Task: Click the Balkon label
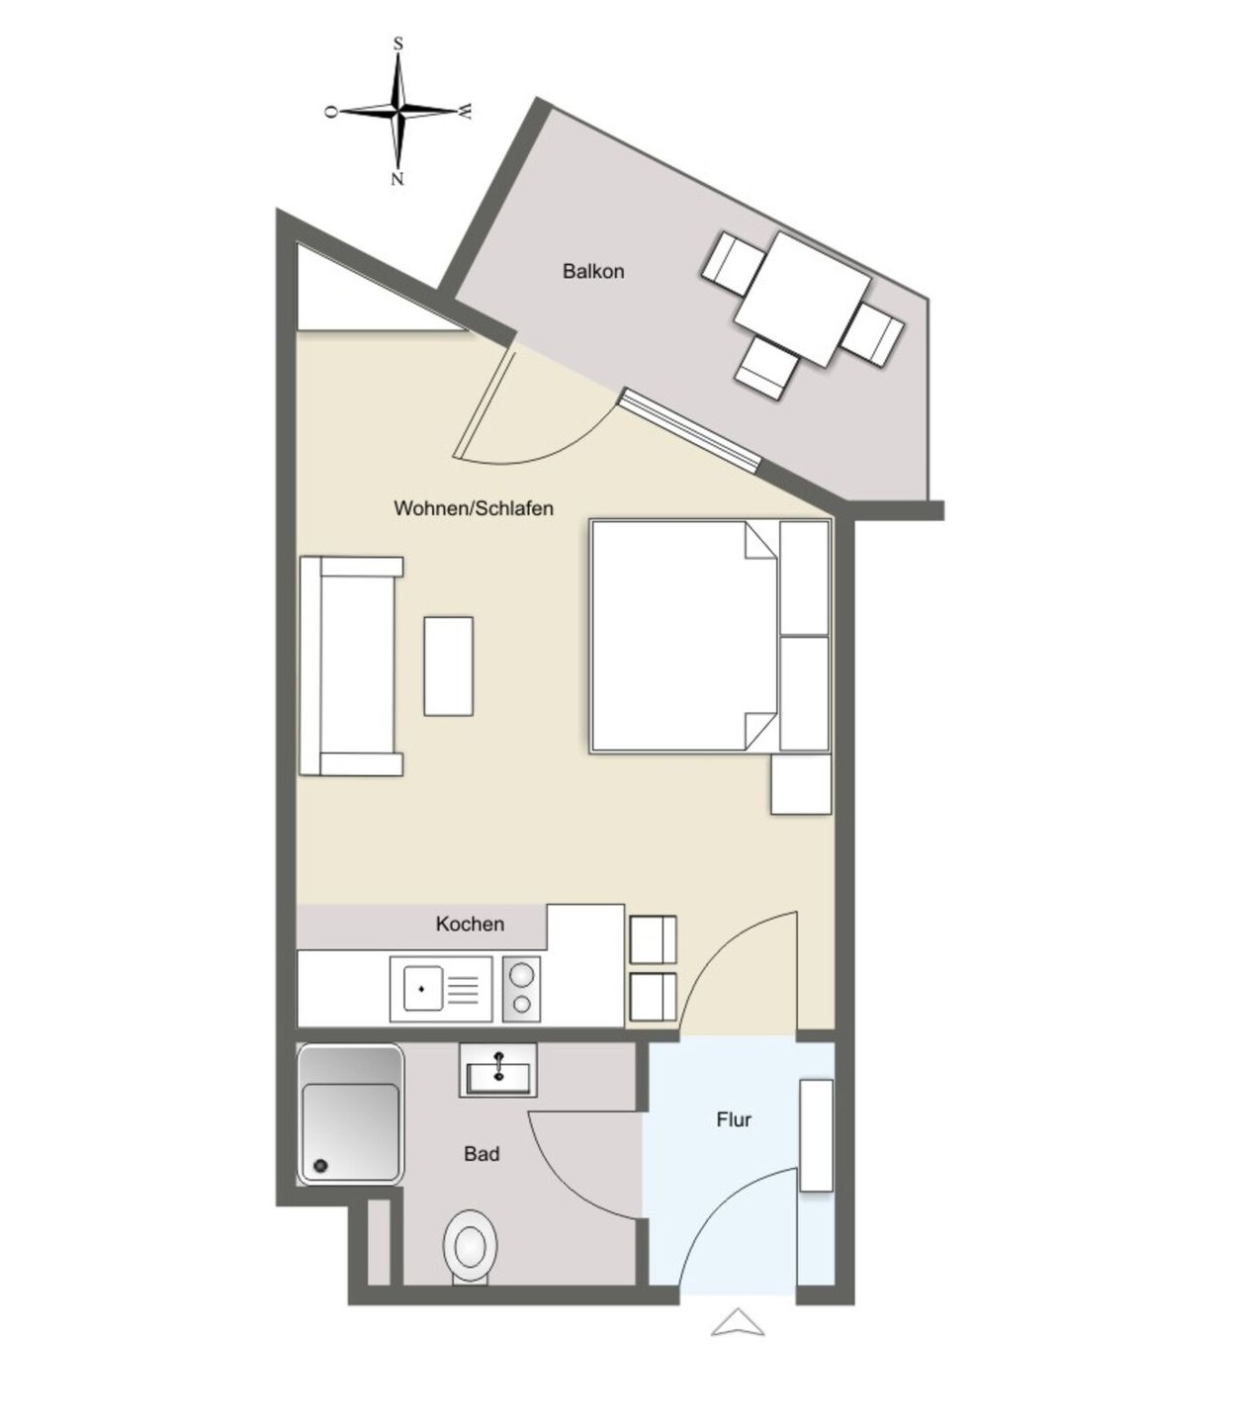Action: point(593,271)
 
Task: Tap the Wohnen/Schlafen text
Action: point(473,508)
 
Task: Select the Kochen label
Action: point(470,924)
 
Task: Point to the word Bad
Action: point(482,1154)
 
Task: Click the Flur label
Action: point(734,1119)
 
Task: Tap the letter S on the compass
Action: point(397,44)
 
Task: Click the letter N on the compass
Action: point(397,180)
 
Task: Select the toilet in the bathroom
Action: point(470,1248)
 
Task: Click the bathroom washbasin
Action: point(497,1070)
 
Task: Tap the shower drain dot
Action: point(320,1166)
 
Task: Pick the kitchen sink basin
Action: point(422,988)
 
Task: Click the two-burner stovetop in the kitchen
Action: point(521,989)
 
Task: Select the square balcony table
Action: point(802,300)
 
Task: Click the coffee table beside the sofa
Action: point(448,667)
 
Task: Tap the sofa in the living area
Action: point(351,667)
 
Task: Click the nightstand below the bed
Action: point(801,783)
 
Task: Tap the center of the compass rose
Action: point(397,110)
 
